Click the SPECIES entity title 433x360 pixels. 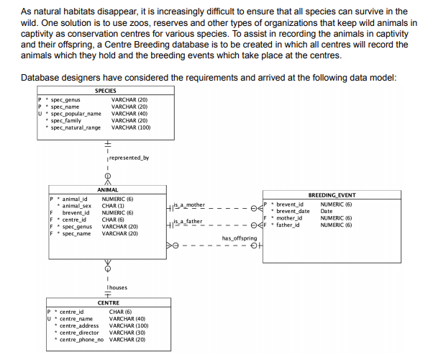pos(106,91)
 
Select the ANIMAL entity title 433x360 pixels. pos(108,190)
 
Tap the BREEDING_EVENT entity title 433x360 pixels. pos(332,195)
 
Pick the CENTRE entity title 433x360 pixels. pos(108,303)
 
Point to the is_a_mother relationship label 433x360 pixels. pos(189,205)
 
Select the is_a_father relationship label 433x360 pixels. pos(189,221)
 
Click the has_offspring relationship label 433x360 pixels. pos(240,238)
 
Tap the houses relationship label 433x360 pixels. pos(117,287)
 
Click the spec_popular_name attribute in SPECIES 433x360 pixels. pos(76,113)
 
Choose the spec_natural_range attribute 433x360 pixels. pos(76,127)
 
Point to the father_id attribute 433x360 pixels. pos(290,225)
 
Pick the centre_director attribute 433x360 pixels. pos(79,332)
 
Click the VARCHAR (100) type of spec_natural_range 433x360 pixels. pos(131,127)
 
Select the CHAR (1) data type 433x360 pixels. pos(114,206)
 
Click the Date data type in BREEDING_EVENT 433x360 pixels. pos(327,211)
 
